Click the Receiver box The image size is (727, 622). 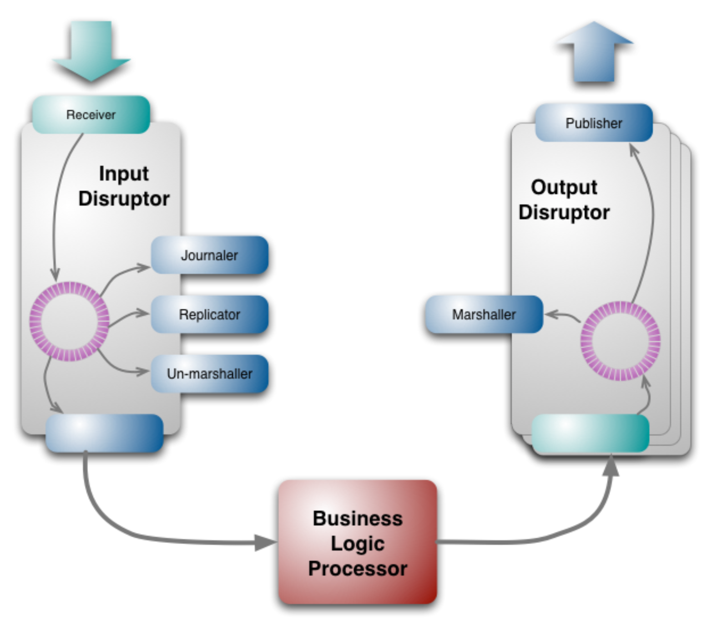coord(91,114)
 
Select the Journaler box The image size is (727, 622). coord(209,255)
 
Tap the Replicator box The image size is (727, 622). coord(209,314)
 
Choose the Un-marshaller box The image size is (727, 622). coord(209,373)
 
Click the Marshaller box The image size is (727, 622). coord(484,314)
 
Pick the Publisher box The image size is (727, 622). coord(594,123)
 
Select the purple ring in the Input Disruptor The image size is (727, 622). coord(69,321)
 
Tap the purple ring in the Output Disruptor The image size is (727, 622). coord(621,341)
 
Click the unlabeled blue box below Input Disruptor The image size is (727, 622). coord(104,433)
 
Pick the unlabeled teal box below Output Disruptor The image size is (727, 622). coord(590,433)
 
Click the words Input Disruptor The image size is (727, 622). coord(124,186)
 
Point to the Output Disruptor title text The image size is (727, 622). coord(564,199)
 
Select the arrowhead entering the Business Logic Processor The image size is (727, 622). coord(266,542)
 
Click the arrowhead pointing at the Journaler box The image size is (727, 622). coord(144,267)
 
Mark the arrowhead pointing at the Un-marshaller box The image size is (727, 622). coord(143,372)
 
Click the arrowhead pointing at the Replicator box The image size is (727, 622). coord(143,313)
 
